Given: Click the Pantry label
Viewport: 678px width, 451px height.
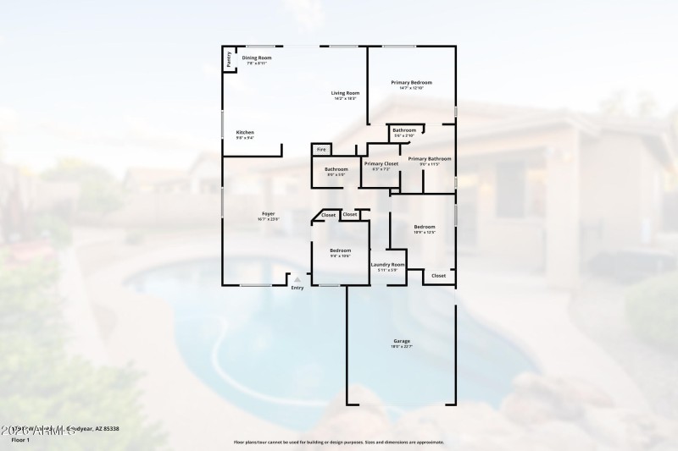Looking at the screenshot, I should pyautogui.click(x=228, y=59).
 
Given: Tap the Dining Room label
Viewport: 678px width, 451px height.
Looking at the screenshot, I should pyautogui.click(x=256, y=58).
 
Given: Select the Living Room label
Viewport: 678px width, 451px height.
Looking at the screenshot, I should pyautogui.click(x=345, y=93).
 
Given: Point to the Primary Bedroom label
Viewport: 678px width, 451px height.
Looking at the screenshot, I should pyautogui.click(x=411, y=82).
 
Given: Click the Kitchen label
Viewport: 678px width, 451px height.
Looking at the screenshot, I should pyautogui.click(x=245, y=132).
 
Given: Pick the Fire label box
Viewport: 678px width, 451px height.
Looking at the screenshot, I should pyautogui.click(x=321, y=150).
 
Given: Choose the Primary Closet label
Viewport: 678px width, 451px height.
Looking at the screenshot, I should pyautogui.click(x=381, y=163).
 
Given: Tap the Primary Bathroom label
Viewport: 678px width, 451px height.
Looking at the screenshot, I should pyautogui.click(x=429, y=158).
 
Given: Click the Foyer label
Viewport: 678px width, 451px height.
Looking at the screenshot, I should pyautogui.click(x=268, y=214).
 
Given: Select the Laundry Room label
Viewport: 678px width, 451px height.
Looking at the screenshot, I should pyautogui.click(x=387, y=265).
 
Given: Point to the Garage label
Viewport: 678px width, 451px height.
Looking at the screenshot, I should pyautogui.click(x=401, y=341).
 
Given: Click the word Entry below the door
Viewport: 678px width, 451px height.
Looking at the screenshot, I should pyautogui.click(x=297, y=289).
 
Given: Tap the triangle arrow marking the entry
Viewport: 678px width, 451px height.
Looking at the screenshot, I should pyautogui.click(x=297, y=279).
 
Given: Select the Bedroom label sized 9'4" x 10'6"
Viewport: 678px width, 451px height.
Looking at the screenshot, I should pyautogui.click(x=340, y=250).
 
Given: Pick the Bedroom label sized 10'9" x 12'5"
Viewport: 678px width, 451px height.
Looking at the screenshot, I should pyautogui.click(x=425, y=227).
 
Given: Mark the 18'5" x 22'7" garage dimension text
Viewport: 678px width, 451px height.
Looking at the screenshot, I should pyautogui.click(x=401, y=347).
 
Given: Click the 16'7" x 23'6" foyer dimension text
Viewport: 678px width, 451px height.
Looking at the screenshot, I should pyautogui.click(x=268, y=220).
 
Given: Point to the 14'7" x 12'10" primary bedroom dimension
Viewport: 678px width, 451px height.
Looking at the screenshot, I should pyautogui.click(x=411, y=88).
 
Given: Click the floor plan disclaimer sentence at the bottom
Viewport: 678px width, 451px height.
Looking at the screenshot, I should pyautogui.click(x=338, y=442).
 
